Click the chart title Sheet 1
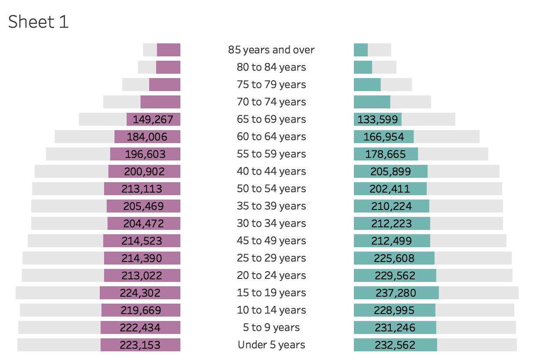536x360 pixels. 39,22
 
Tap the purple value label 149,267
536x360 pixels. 153,119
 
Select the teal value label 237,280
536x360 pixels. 395,293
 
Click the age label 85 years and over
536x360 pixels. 271,50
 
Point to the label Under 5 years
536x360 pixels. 271,345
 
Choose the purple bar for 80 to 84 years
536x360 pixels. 168,67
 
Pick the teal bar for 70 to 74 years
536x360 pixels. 372,102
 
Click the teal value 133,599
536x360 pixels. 378,119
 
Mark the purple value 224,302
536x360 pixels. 140,293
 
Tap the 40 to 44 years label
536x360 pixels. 271,171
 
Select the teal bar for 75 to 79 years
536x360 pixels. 367,85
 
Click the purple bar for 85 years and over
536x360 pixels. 169,50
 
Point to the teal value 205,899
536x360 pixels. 390,171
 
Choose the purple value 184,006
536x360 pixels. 147,137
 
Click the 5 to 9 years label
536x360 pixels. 271,327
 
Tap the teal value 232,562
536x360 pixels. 395,345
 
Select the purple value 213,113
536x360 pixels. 142,189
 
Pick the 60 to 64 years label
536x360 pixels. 271,137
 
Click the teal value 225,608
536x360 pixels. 394,258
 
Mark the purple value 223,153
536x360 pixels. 140,345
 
